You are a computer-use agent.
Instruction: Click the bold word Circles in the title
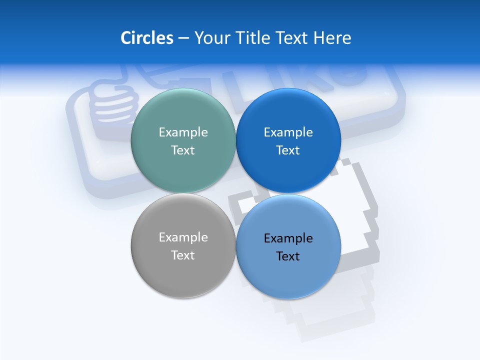click(146, 38)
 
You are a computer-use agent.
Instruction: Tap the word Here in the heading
click(332, 38)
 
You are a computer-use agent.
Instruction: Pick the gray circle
click(183, 270)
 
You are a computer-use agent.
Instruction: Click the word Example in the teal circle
click(183, 132)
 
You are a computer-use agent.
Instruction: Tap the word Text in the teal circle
click(183, 150)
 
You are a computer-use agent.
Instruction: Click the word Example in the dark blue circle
click(288, 132)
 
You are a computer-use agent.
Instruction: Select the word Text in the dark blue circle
click(288, 150)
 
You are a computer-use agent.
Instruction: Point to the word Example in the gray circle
click(183, 237)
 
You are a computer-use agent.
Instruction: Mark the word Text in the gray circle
click(183, 255)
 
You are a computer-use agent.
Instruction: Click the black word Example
click(288, 238)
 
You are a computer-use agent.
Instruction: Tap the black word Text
click(288, 256)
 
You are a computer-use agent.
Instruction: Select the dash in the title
click(183, 38)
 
